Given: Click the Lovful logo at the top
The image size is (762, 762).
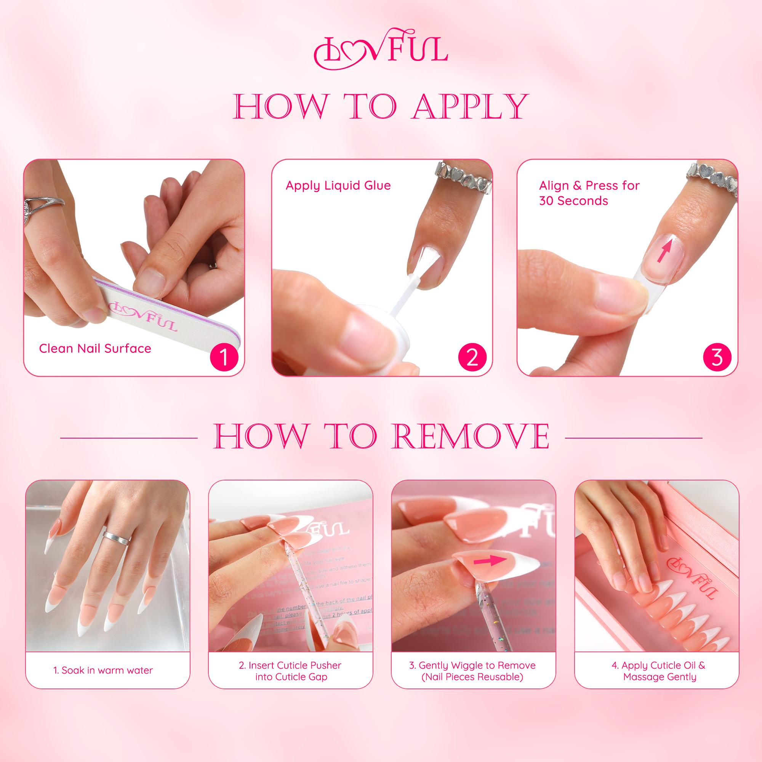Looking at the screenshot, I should [x=381, y=49].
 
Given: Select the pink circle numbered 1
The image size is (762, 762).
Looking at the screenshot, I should [x=224, y=358].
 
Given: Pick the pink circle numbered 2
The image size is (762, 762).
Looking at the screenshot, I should [x=472, y=358].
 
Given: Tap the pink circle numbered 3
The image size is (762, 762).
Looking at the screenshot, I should [x=717, y=358].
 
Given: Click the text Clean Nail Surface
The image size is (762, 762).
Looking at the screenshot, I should [x=95, y=349].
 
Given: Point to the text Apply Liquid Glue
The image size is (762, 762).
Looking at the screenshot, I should [x=338, y=186].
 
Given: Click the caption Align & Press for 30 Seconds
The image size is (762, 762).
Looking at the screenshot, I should [x=589, y=193].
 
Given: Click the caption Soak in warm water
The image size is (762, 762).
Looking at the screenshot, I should [x=103, y=671].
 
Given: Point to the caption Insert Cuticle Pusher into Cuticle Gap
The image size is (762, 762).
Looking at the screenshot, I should [x=290, y=671].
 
